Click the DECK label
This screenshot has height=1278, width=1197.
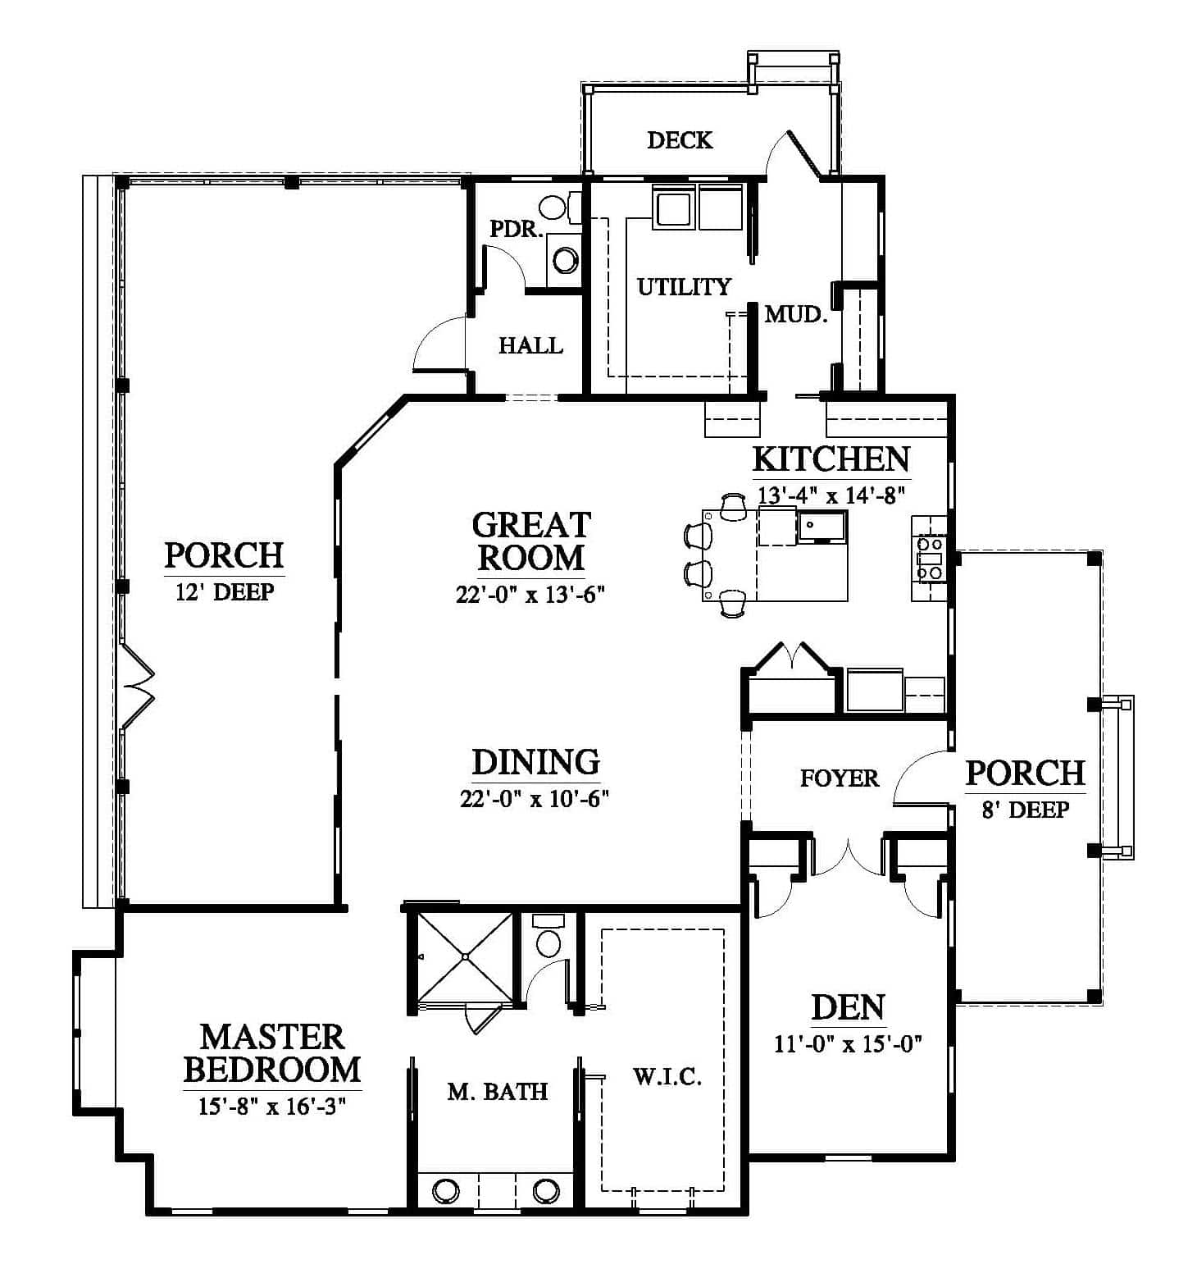pyautogui.click(x=680, y=140)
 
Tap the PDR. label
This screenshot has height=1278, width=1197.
pyautogui.click(x=517, y=229)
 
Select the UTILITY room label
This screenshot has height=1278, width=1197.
pyautogui.click(x=684, y=286)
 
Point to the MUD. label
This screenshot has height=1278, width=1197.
pyautogui.click(x=796, y=313)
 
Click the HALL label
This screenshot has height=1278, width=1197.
pyautogui.click(x=531, y=345)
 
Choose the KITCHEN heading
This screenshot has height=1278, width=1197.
pyautogui.click(x=831, y=459)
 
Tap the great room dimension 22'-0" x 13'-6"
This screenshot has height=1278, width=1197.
pyautogui.click(x=530, y=595)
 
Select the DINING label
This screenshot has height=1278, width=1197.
pyautogui.click(x=536, y=762)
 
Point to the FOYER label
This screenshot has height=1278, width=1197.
pyautogui.click(x=840, y=778)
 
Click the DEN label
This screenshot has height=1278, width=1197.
pyautogui.click(x=849, y=1007)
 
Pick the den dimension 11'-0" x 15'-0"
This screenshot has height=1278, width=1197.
pyautogui.click(x=849, y=1044)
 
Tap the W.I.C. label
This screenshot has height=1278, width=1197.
pyautogui.click(x=667, y=1076)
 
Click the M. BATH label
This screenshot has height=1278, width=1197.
pyautogui.click(x=498, y=1091)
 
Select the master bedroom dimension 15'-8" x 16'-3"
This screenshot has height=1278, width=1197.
pyautogui.click(x=272, y=1106)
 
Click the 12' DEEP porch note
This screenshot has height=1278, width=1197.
pyautogui.click(x=224, y=591)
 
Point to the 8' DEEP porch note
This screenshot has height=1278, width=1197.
pyautogui.click(x=1026, y=810)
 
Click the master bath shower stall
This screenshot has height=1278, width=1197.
pyautogui.click(x=464, y=956)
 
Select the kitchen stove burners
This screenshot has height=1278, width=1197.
pyautogui.click(x=931, y=557)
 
